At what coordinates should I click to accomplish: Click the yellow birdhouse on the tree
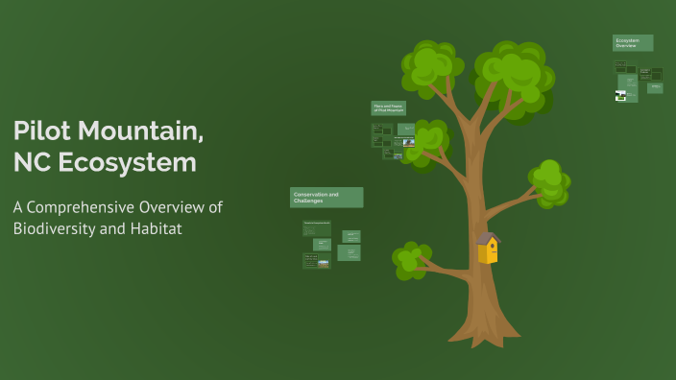[488, 251]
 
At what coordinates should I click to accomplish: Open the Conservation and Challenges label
[326, 198]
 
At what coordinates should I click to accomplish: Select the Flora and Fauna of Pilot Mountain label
[389, 108]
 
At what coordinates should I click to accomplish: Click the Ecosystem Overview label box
[633, 43]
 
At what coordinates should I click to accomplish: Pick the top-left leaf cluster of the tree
[428, 65]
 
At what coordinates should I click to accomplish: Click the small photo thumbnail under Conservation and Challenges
[324, 263]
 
